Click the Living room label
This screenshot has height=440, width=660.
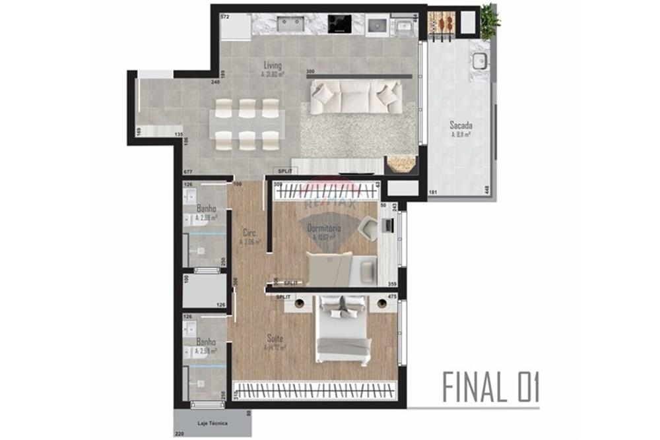point(272,66)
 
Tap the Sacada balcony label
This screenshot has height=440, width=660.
point(461,125)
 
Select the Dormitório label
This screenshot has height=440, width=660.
point(324,228)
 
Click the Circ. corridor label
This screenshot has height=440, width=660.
point(250,233)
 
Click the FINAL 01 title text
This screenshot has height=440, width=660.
point(490,388)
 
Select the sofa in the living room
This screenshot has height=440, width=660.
point(356,96)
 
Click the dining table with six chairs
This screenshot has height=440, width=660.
point(247,124)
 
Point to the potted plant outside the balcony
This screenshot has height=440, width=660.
point(490,21)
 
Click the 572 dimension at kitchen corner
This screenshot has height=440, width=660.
point(224,16)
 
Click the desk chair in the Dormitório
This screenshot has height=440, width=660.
point(369,226)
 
